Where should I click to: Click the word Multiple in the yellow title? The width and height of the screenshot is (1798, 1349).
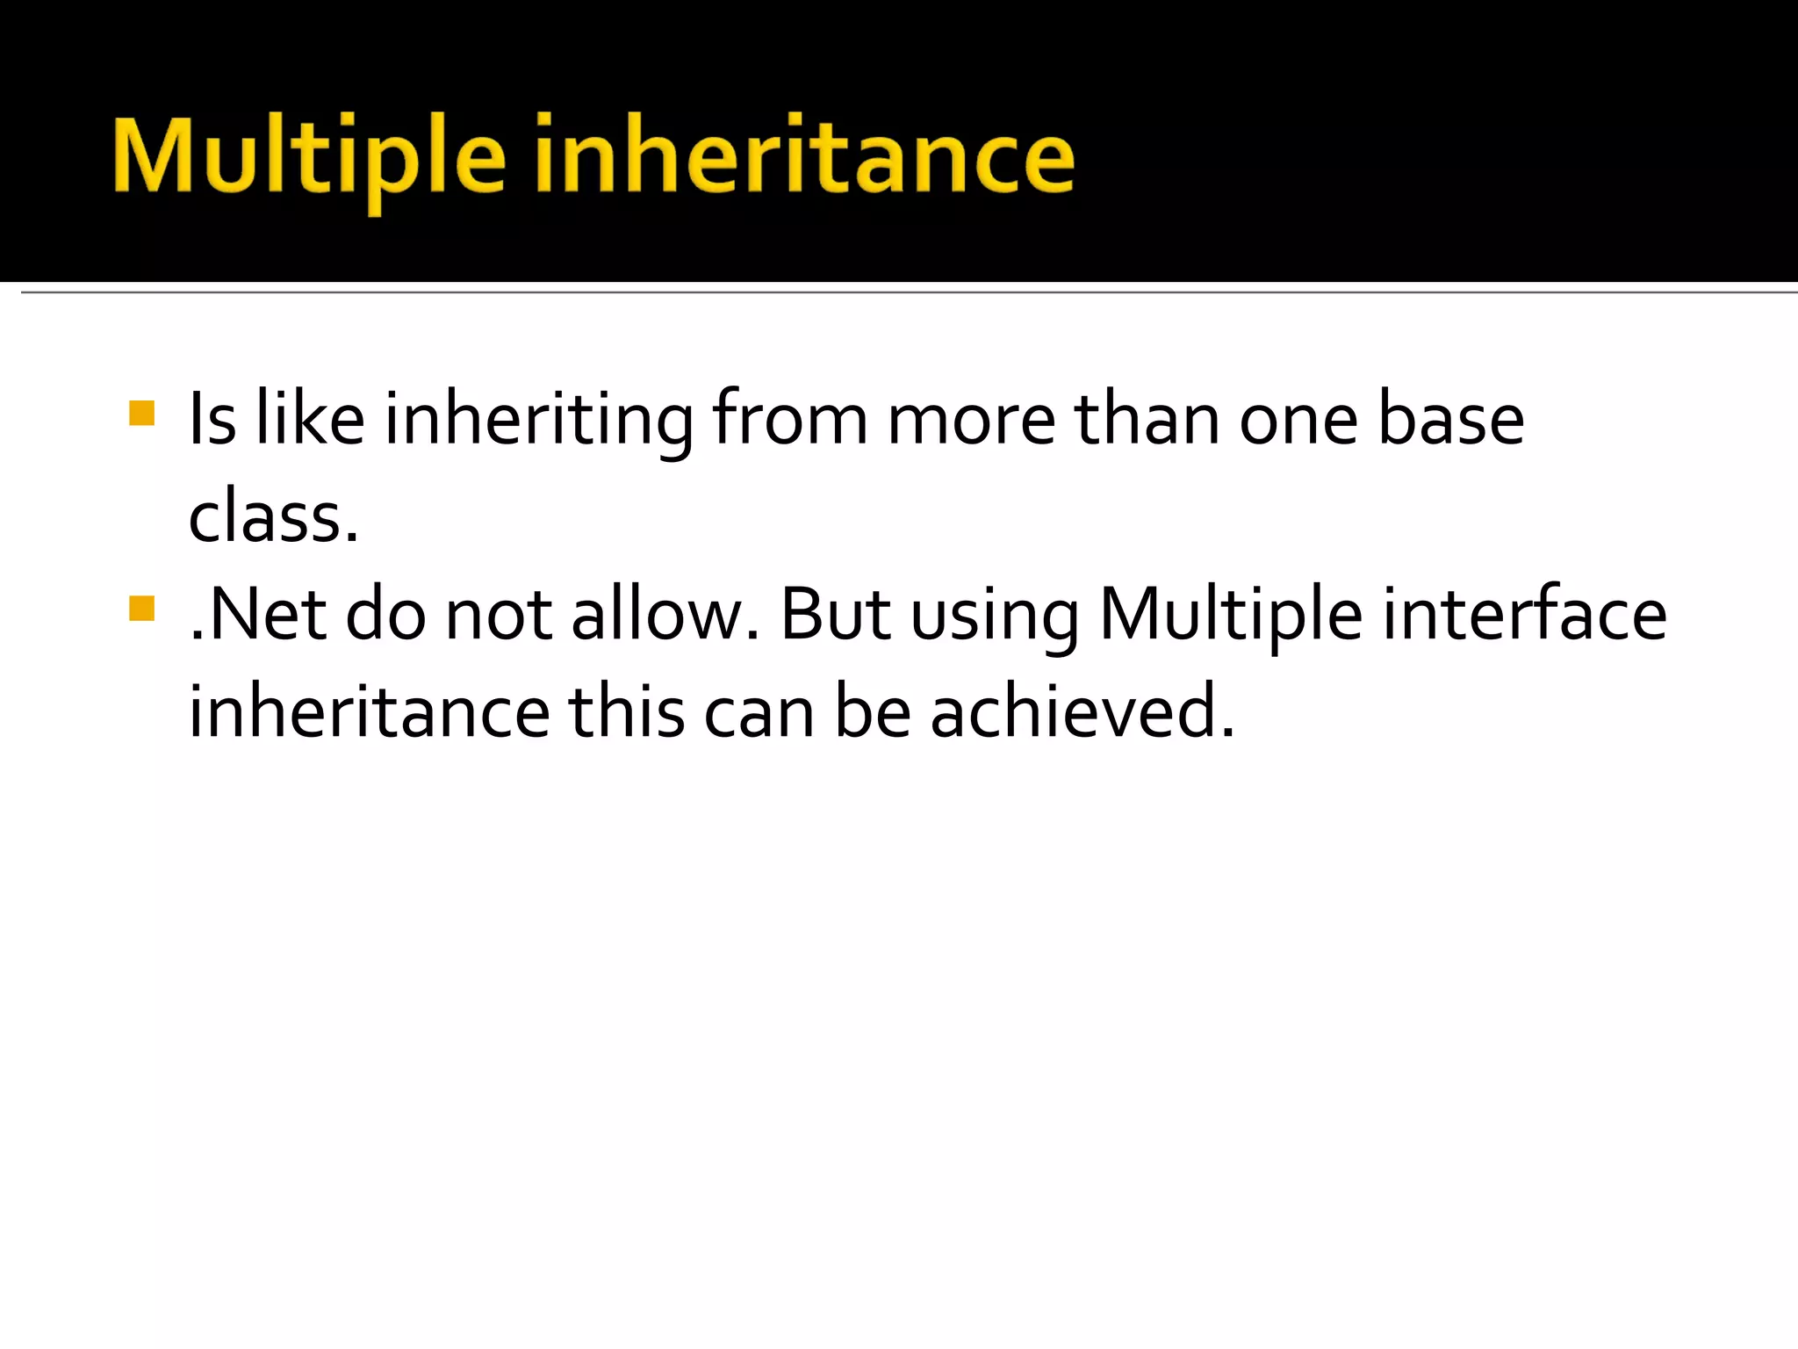tap(309, 158)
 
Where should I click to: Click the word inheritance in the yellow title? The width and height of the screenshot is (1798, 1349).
tap(804, 158)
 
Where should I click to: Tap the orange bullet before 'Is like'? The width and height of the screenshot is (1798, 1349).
tap(141, 413)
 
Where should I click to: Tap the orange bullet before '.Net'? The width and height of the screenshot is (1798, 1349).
tap(141, 608)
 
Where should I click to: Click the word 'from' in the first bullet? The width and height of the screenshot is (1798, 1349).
tap(789, 420)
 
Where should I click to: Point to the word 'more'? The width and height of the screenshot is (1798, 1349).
tap(971, 420)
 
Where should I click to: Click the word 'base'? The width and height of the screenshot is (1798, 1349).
tap(1450, 420)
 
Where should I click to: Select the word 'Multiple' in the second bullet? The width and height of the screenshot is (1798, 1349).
tap(1231, 615)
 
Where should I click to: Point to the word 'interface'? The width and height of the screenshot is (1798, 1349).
tap(1524, 615)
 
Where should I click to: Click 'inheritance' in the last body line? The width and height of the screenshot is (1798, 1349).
tap(370, 712)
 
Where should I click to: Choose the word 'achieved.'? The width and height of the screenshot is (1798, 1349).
tap(1082, 712)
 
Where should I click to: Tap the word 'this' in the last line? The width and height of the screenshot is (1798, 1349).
tap(626, 712)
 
